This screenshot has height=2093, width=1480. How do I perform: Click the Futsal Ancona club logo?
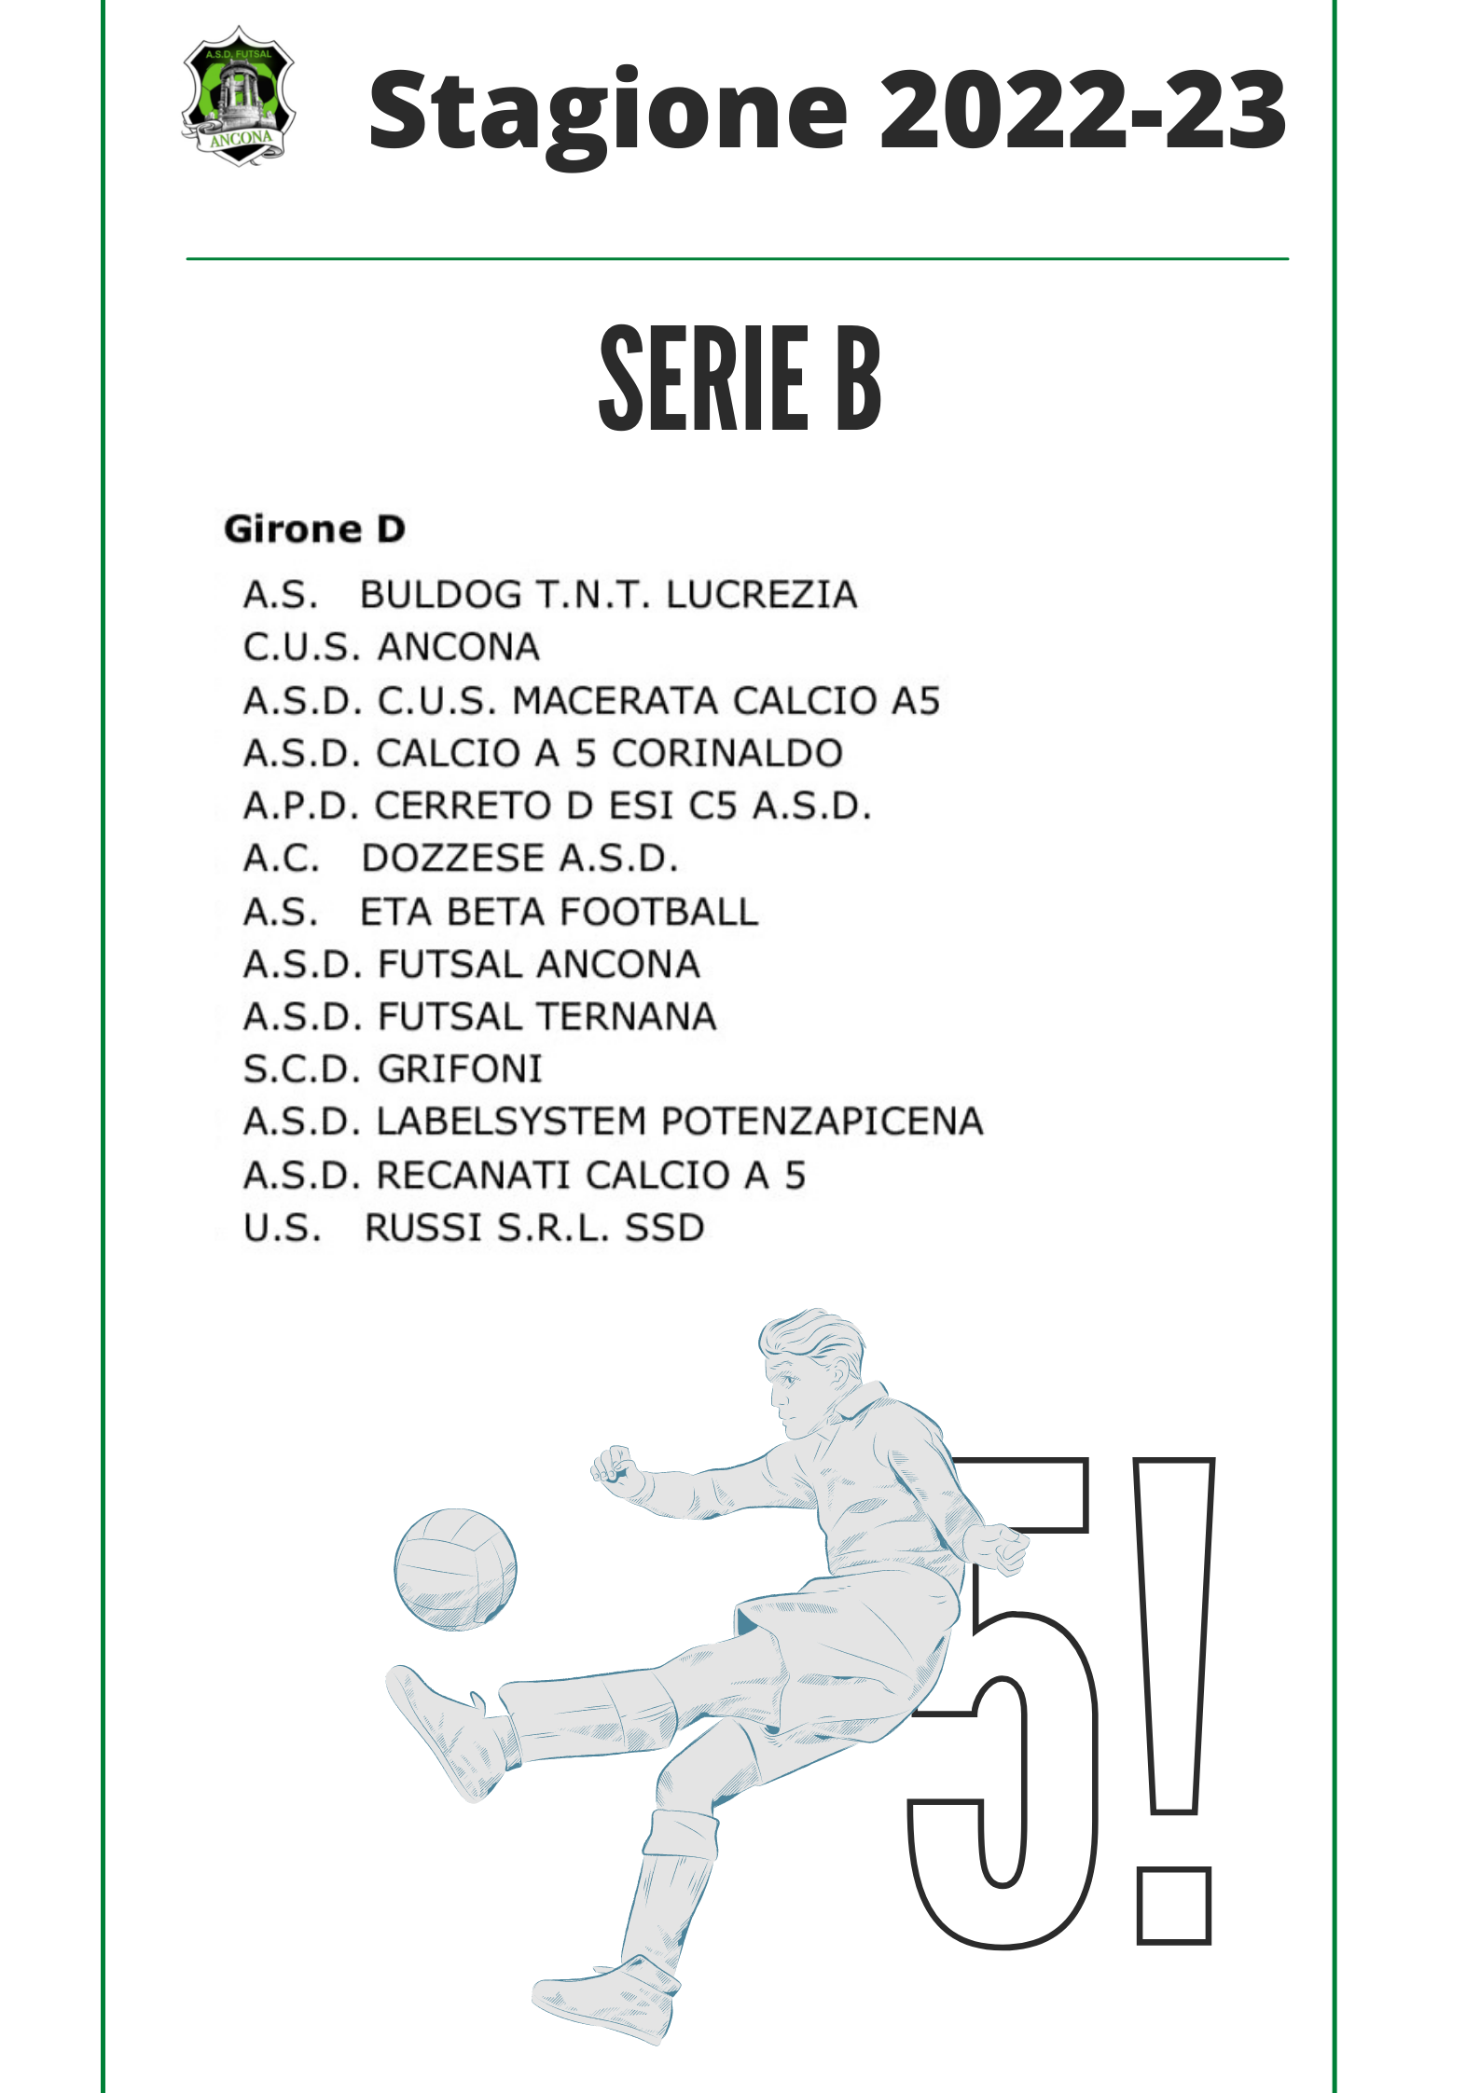point(239,95)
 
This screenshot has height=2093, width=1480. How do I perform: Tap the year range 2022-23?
point(1084,109)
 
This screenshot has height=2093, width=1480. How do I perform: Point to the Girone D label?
point(315,530)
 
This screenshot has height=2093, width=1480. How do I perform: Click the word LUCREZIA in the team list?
point(762,595)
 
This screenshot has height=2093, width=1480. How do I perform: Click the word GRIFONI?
point(460,1069)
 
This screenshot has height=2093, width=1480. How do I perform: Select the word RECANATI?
point(473,1175)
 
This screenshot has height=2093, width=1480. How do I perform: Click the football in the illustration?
point(455,1570)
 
